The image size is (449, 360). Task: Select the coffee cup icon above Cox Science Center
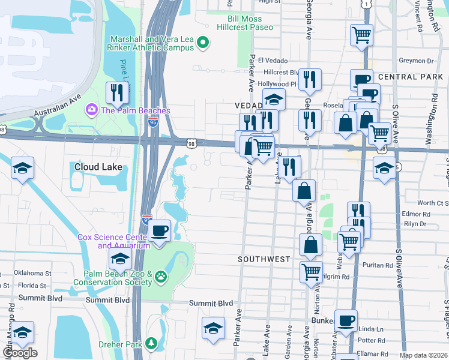[159, 230]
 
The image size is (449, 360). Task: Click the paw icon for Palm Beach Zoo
[161, 277]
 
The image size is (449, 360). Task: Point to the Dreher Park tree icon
[152, 343]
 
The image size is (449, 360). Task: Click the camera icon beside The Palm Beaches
[92, 110]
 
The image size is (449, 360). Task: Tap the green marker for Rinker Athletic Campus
[203, 43]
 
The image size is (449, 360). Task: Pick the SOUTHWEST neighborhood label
[264, 259]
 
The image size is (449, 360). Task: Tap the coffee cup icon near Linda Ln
[345, 320]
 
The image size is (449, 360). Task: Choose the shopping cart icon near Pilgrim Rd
[311, 271]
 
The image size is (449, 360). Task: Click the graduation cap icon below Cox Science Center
[120, 259]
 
